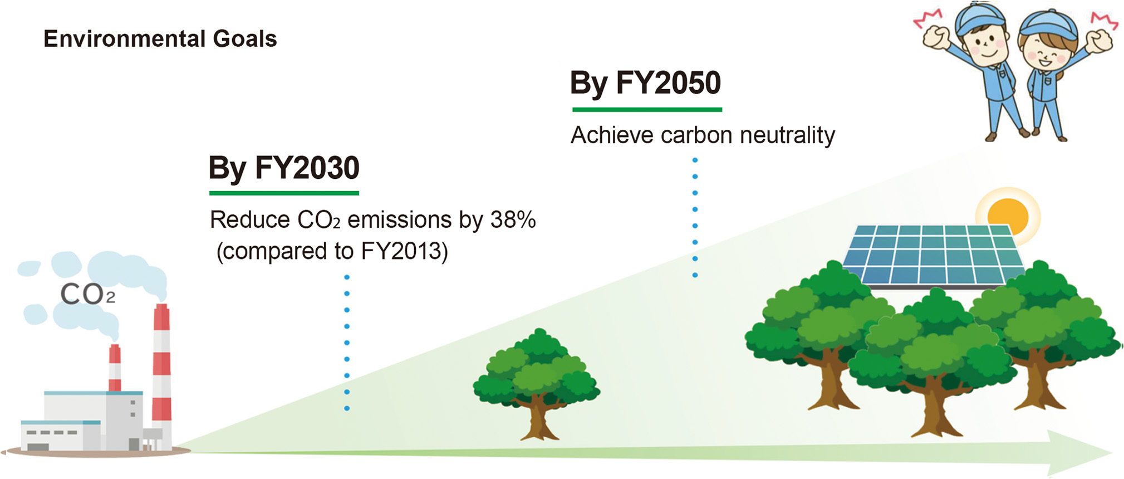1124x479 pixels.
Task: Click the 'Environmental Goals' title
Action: [160, 40]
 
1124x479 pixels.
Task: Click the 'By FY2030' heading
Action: [284, 169]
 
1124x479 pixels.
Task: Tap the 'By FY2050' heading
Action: [646, 84]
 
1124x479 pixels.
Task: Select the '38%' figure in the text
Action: [513, 220]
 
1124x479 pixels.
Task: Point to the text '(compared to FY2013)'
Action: [332, 251]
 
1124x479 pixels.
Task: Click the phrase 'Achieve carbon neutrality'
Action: [703, 136]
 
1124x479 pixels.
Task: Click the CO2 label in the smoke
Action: [87, 294]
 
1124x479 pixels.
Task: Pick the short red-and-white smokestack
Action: [115, 368]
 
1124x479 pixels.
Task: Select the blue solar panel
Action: [934, 256]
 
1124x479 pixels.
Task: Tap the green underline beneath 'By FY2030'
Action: [284, 193]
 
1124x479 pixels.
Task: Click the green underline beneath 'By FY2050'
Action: [647, 110]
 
